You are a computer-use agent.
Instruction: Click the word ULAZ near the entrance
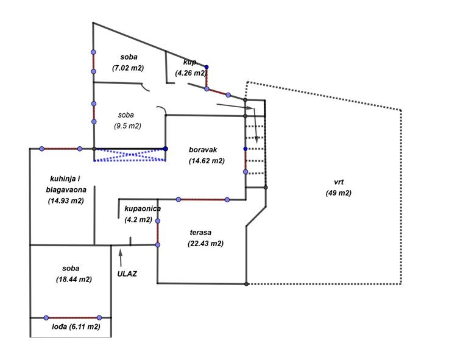(x=127, y=274)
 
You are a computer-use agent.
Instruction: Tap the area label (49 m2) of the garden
(x=339, y=193)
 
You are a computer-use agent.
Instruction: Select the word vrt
(x=339, y=182)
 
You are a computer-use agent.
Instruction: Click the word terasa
(x=200, y=232)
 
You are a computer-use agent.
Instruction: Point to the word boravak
(x=203, y=149)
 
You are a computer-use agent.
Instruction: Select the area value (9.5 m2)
(x=127, y=126)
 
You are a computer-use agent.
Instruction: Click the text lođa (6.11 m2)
(x=76, y=326)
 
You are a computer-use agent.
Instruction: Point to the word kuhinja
(x=63, y=178)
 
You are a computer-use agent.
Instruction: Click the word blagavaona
(x=65, y=189)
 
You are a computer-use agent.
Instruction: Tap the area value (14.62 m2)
(x=207, y=161)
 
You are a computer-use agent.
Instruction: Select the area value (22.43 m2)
(x=206, y=243)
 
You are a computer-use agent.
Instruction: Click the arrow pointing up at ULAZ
(x=121, y=256)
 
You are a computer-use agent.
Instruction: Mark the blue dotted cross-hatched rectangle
(x=130, y=154)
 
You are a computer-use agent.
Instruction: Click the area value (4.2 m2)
(x=138, y=219)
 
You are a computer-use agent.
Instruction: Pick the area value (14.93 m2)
(x=66, y=200)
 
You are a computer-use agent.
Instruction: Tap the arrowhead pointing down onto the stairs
(x=257, y=139)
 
